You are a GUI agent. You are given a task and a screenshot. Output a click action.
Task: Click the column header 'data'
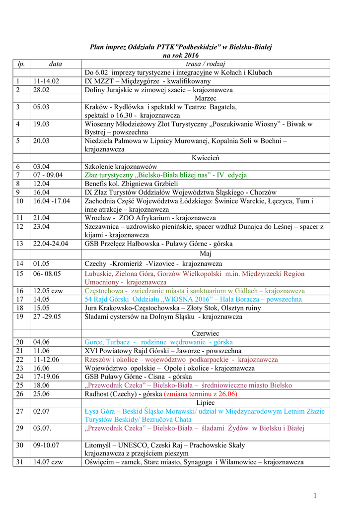pyautogui.click(x=56, y=64)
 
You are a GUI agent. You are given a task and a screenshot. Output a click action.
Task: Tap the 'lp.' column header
pyautogui.click(x=21, y=64)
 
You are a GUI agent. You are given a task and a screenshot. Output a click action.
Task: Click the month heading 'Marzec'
pyautogui.click(x=206, y=99)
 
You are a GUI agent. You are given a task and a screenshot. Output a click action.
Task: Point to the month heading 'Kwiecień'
pyautogui.click(x=206, y=158)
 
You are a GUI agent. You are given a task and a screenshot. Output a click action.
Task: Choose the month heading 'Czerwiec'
pyautogui.click(x=206, y=333)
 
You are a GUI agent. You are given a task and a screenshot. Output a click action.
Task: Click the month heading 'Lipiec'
pyautogui.click(x=206, y=402)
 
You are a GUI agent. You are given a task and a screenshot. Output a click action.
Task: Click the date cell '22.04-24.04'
pyautogui.click(x=51, y=244)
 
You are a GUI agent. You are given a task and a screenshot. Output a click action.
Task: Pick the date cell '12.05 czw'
pyautogui.click(x=48, y=291)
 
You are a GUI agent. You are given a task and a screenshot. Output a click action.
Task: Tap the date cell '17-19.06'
pyautogui.click(x=46, y=377)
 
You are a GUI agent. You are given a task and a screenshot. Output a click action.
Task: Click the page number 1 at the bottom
pyautogui.click(x=315, y=495)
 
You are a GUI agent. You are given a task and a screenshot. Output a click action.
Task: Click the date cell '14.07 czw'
pyautogui.click(x=48, y=462)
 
